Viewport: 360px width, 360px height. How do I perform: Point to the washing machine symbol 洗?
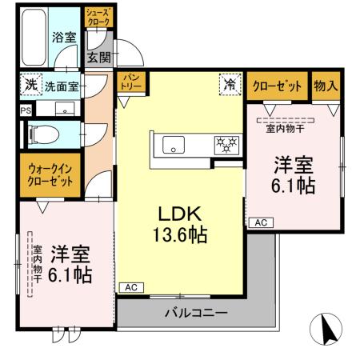click(30, 83)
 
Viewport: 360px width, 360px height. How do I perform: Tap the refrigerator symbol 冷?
click(230, 82)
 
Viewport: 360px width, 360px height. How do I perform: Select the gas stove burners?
click(226, 144)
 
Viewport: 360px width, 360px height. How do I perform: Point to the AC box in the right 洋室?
click(261, 222)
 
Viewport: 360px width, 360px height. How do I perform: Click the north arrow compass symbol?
click(326, 329)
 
